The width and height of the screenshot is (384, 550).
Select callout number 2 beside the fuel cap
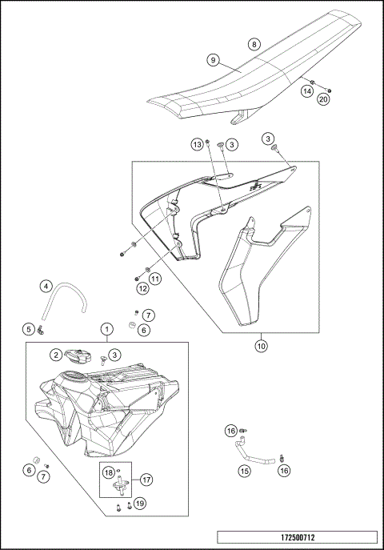click(57, 354)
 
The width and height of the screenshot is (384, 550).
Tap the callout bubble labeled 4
click(46, 286)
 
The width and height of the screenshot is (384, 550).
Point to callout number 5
click(27, 328)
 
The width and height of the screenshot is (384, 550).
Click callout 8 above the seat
click(254, 45)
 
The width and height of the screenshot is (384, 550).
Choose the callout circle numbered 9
click(213, 60)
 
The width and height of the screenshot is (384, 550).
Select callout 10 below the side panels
click(260, 347)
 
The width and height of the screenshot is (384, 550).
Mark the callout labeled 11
click(155, 278)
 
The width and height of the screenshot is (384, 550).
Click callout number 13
click(196, 144)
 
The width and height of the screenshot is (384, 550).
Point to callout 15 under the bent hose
click(243, 472)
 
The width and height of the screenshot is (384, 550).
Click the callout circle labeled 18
click(109, 473)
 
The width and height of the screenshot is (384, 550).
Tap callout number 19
click(138, 503)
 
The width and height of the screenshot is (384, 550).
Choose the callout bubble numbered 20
click(323, 99)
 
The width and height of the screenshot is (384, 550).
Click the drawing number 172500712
click(296, 537)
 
